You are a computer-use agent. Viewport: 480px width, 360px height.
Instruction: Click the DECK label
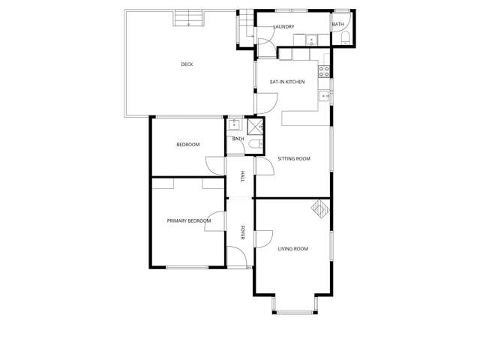pos(187,64)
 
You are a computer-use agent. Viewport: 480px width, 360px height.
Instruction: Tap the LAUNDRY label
pos(283,27)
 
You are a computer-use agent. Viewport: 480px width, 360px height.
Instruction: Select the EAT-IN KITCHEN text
pos(287,82)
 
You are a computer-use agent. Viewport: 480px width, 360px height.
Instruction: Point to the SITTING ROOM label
pos(293,159)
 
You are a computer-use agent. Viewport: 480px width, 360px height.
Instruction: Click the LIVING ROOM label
pos(292,249)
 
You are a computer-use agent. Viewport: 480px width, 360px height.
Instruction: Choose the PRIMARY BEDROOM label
pos(188,221)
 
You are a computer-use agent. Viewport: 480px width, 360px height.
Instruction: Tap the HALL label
pos(242,177)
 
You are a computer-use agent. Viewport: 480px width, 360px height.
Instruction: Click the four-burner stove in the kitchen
pos(325,72)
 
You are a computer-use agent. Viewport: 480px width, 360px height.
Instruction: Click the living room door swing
pos(262,239)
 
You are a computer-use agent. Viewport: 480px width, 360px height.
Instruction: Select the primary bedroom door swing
pos(217,219)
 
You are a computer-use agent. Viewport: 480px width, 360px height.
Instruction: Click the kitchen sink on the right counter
pos(325,96)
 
